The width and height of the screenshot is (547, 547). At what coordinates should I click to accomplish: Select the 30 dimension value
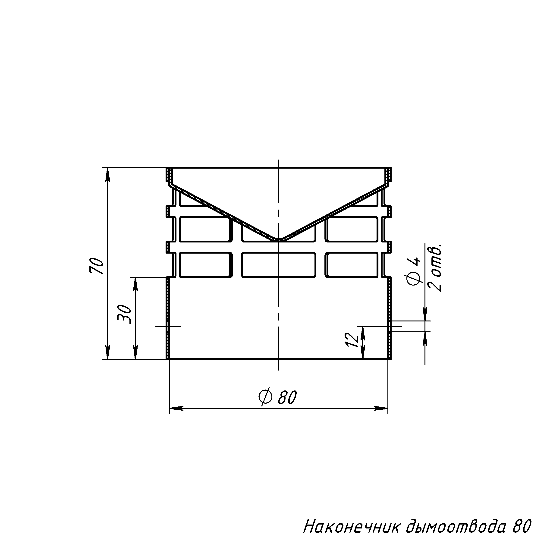click(125, 314)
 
